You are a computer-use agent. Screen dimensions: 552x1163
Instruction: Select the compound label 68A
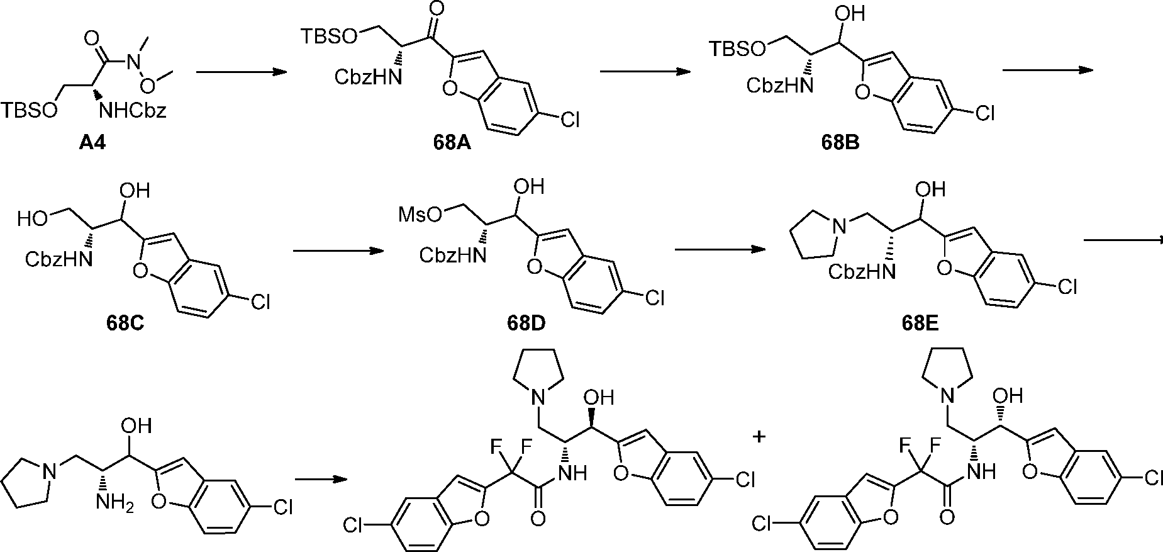click(451, 144)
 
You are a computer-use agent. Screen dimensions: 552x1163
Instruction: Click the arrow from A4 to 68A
click(238, 72)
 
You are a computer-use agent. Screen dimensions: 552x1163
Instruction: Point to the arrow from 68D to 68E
click(720, 249)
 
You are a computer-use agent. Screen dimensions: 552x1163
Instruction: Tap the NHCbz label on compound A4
click(136, 112)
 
